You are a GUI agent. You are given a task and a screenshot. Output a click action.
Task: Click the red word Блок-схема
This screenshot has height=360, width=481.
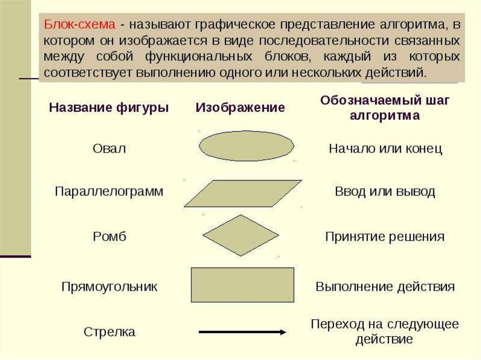pyautogui.click(x=79, y=24)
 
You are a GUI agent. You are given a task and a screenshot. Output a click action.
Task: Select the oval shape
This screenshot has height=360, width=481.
pyautogui.click(x=247, y=146)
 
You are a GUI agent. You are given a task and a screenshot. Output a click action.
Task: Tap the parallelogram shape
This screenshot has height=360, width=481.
pyautogui.click(x=242, y=193)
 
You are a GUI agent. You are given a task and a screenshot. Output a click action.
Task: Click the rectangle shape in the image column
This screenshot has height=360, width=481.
pyautogui.click(x=242, y=284)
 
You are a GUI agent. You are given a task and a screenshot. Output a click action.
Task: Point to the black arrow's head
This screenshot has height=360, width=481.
pyautogui.click(x=283, y=332)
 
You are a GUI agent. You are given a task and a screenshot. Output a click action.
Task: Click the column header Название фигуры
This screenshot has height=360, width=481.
pyautogui.click(x=109, y=107)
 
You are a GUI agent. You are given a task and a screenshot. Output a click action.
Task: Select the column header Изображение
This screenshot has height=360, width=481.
pyautogui.click(x=240, y=107)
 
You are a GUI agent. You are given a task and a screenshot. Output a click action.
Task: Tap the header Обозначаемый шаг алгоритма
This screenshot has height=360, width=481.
pyautogui.click(x=384, y=107)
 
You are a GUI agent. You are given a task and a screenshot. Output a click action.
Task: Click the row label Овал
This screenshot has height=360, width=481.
pyautogui.click(x=109, y=149)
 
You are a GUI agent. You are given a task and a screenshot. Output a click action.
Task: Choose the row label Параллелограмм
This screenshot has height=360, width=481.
pyautogui.click(x=109, y=191)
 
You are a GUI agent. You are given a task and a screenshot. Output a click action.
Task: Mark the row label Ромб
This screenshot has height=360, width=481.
pyautogui.click(x=109, y=236)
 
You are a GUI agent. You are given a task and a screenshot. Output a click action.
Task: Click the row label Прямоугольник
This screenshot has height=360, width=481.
pyautogui.click(x=109, y=286)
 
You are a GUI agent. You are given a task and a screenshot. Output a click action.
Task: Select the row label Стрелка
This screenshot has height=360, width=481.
pyautogui.click(x=109, y=332)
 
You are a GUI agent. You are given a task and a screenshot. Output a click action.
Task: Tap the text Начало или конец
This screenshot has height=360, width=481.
pyautogui.click(x=385, y=149)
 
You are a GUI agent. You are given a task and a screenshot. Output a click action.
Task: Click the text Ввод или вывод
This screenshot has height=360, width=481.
pyautogui.click(x=385, y=191)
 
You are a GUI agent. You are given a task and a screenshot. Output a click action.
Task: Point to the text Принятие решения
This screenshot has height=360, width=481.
pyautogui.click(x=385, y=236)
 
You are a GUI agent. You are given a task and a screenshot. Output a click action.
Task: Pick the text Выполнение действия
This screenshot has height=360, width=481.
pyautogui.click(x=385, y=286)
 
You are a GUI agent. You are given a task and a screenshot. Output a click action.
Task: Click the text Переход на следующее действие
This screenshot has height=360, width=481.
pyautogui.click(x=384, y=331)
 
